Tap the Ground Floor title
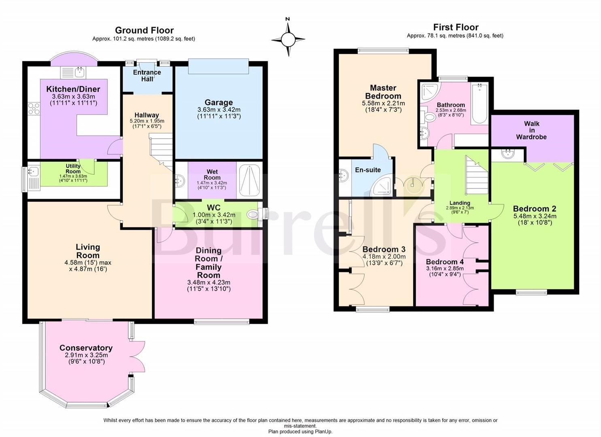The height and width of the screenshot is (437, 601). [144, 30]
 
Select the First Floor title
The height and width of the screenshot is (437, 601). [456, 27]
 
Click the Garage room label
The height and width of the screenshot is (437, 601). [219, 102]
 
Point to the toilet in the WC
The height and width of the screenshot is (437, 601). [253, 214]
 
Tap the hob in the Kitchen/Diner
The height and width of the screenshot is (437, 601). [34, 109]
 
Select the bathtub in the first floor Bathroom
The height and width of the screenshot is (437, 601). [480, 104]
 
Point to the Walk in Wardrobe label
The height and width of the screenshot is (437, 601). [531, 130]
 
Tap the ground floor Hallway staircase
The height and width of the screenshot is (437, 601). [162, 150]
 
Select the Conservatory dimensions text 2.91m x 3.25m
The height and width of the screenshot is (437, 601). [86, 355]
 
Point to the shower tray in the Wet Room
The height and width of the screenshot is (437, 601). [249, 180]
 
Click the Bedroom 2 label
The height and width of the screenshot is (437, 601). [534, 209]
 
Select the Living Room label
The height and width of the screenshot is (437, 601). [88, 251]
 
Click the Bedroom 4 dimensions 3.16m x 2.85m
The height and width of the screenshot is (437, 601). [444, 268]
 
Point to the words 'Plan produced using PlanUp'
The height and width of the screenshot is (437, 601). [300, 431]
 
